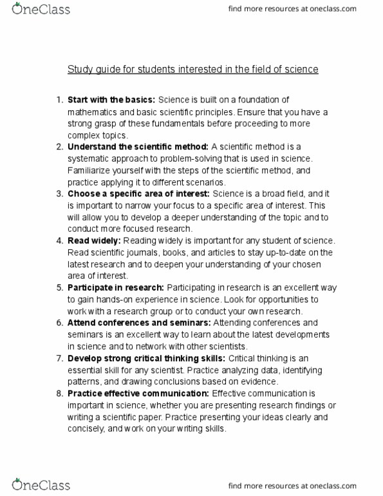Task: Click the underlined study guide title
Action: click(192, 69)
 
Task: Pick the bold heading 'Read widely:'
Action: click(93, 240)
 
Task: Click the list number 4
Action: click(58, 240)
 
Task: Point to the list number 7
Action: click(58, 358)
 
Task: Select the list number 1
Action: click(58, 99)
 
